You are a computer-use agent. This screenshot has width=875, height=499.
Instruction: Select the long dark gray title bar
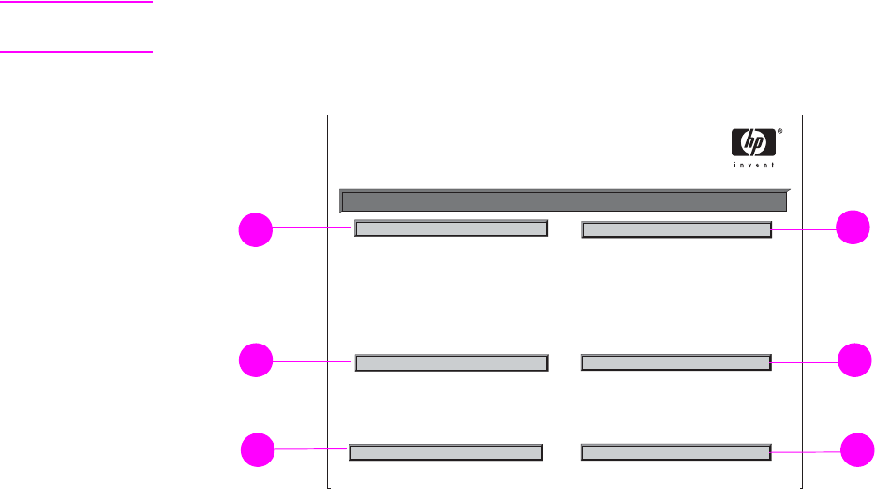pyautogui.click(x=563, y=201)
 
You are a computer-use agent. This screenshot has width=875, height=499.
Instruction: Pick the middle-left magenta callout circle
pyautogui.click(x=254, y=360)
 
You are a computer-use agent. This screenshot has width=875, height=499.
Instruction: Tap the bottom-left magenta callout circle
pyautogui.click(x=258, y=450)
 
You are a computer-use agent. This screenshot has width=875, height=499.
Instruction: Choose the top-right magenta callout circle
pyautogui.click(x=853, y=228)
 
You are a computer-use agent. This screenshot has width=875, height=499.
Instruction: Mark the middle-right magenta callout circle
pyautogui.click(x=853, y=360)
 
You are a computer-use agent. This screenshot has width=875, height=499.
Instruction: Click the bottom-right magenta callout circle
pyautogui.click(x=856, y=450)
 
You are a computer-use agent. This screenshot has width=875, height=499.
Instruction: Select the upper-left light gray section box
pyautogui.click(x=451, y=228)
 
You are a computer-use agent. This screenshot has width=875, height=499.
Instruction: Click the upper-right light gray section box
pyautogui.click(x=676, y=228)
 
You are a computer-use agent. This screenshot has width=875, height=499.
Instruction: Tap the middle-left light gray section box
pyautogui.click(x=452, y=362)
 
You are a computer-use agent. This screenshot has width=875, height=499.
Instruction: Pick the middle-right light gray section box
pyautogui.click(x=676, y=360)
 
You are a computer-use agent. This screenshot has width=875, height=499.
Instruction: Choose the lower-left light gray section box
pyautogui.click(x=446, y=452)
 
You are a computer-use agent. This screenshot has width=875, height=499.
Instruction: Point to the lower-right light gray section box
pyautogui.click(x=676, y=452)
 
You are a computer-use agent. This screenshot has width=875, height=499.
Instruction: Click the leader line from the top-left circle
pyautogui.click(x=313, y=227)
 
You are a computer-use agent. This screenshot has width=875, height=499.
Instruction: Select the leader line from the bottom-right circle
pyautogui.click(x=806, y=452)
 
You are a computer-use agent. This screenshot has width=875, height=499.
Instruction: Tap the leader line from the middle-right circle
pyautogui.click(x=804, y=360)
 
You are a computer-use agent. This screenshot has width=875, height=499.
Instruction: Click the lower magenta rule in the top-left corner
pyautogui.click(x=76, y=52)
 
